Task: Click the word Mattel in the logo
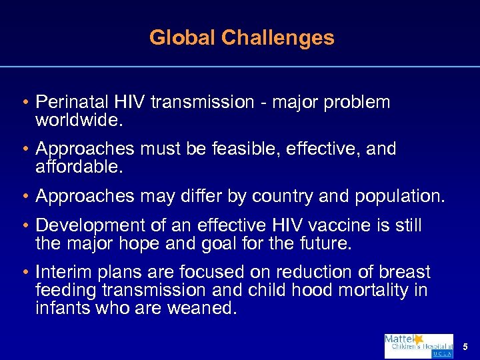399,339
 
